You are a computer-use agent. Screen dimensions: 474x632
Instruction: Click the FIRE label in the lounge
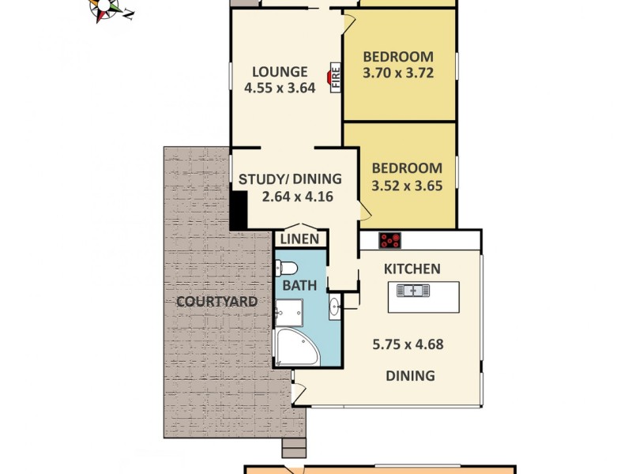coord(335,78)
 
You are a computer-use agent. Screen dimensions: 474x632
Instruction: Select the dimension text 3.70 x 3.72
coord(398,73)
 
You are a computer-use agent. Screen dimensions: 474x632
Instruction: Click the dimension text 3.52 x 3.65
coord(407,186)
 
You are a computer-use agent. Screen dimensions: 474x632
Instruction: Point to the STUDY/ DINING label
coord(290,179)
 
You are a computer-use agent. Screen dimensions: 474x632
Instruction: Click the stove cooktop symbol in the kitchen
coord(389,239)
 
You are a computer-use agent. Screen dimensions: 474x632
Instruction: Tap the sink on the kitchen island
coord(414,291)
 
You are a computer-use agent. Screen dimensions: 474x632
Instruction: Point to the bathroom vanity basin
coord(335,307)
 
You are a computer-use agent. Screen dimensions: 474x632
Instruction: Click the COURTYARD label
coord(205,301)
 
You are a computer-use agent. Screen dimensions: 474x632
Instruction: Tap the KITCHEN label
coord(412,269)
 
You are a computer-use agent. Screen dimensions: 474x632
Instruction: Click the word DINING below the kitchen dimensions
coord(411,376)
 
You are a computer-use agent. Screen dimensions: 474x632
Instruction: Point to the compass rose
coord(105,9)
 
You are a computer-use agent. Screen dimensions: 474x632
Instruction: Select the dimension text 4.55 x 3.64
coord(280,88)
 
